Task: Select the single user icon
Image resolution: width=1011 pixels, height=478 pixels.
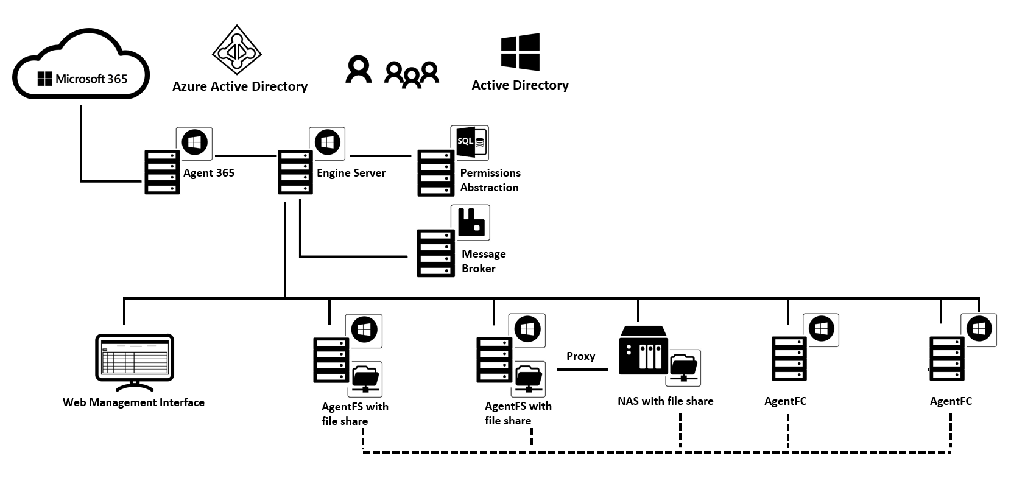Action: pos(358,69)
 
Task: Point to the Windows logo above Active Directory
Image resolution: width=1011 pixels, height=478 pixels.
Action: pos(520,52)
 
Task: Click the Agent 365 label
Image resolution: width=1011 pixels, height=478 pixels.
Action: pos(209,173)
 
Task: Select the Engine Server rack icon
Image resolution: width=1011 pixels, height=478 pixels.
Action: pos(295,172)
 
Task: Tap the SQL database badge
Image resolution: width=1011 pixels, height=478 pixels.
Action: pos(470,142)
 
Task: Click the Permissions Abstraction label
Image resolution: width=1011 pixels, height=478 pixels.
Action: pos(490,180)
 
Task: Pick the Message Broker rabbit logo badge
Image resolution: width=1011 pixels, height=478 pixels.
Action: pos(470,222)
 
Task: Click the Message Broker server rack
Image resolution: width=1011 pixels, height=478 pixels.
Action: pos(435,253)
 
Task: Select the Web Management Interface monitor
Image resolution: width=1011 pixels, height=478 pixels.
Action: pos(135,362)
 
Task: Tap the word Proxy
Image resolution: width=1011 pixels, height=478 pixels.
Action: pos(580,356)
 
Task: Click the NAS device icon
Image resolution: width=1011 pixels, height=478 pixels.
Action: pos(643,350)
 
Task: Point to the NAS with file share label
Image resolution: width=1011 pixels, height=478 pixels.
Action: pos(665,401)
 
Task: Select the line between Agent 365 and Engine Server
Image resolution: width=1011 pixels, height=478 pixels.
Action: pos(245,156)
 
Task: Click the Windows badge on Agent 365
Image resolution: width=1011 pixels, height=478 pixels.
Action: pos(194,143)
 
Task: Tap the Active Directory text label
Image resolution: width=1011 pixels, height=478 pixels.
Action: pos(520,85)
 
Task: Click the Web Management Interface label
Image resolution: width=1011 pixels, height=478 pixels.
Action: pos(133,402)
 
